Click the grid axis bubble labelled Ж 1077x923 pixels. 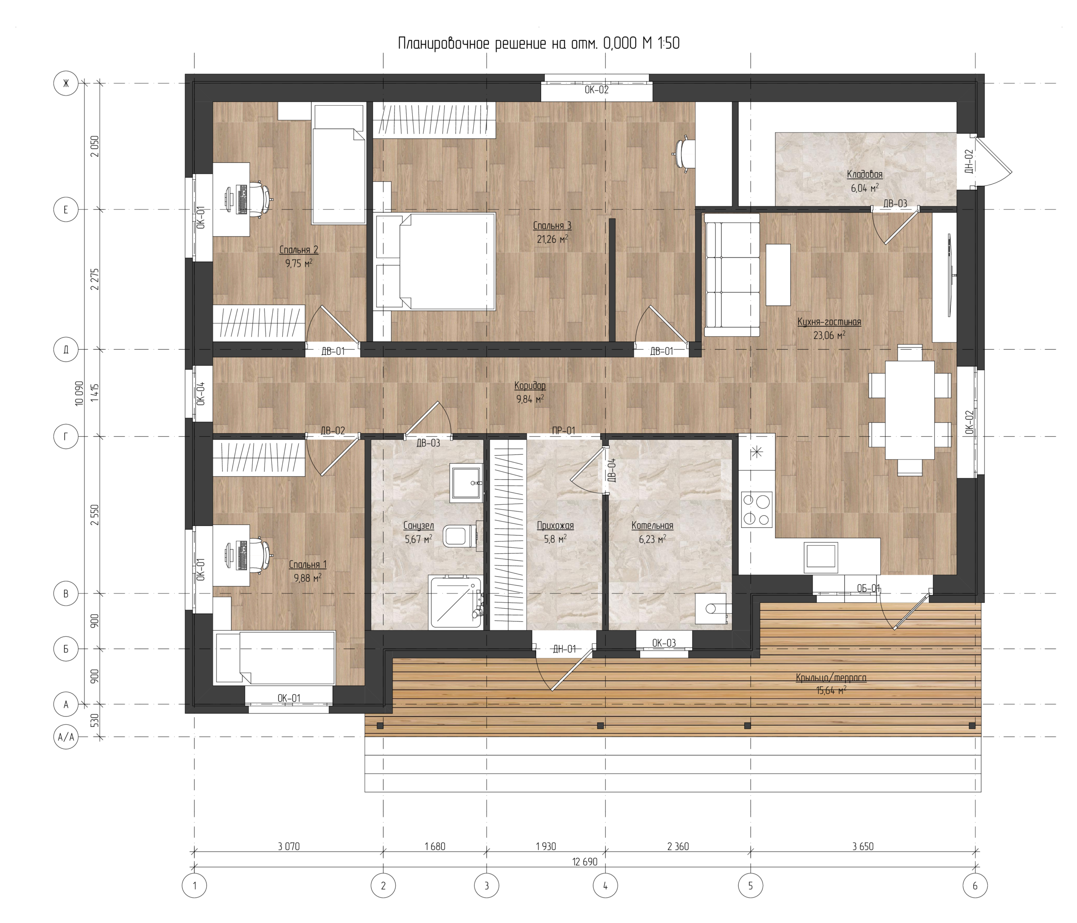click(66, 83)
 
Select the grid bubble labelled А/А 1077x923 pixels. click(66, 737)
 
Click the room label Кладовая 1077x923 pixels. click(865, 175)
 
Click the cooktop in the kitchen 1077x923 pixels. click(757, 510)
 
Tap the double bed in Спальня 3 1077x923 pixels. click(435, 261)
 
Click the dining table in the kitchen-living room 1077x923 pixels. click(910, 410)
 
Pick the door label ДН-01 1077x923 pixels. click(564, 649)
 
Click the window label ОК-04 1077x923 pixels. click(201, 393)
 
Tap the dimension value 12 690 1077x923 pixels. click(585, 862)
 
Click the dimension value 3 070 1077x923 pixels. click(289, 846)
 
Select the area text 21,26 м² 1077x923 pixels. click(552, 239)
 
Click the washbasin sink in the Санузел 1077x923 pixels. click(465, 483)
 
